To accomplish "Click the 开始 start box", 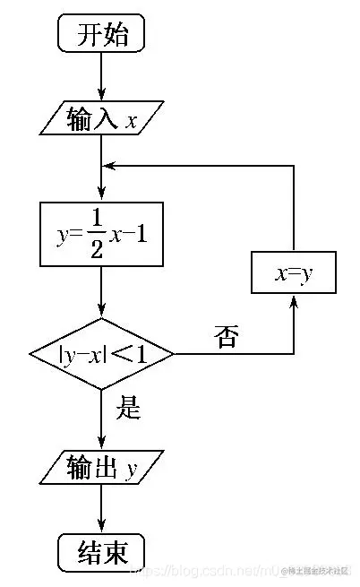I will [x=100, y=35].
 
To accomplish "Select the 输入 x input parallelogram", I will [x=101, y=120].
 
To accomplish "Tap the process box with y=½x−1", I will [x=101, y=234].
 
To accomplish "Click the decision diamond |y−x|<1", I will [x=101, y=354].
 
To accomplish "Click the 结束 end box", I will [x=100, y=549].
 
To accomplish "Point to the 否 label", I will [x=227, y=337].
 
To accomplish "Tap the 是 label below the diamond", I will [x=131, y=410].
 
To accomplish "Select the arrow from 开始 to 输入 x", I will [x=101, y=77].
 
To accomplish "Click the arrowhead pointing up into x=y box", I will [x=294, y=304].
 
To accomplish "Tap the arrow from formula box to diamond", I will [x=101, y=291].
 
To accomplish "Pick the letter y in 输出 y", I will [x=131, y=468].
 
